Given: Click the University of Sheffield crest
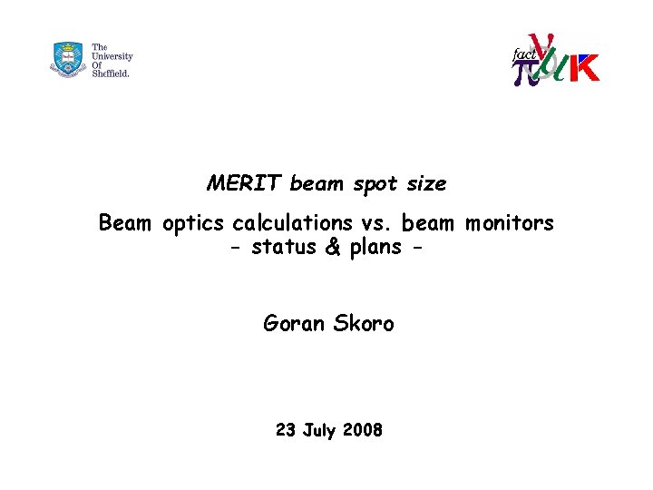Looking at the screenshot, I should pos(68,59).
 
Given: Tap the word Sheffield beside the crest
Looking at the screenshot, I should pos(111,73).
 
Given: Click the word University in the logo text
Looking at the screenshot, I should pos(112,55).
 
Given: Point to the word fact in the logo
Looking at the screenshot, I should pos(524,55).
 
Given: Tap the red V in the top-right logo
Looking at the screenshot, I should pos(543,46).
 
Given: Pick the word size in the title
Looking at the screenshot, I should pos(426,183).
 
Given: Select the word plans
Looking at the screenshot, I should pos(375,248).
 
